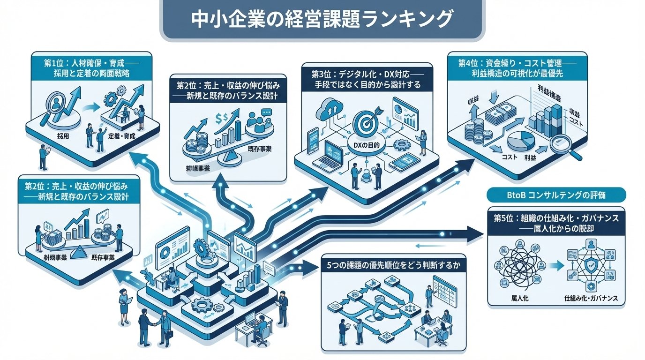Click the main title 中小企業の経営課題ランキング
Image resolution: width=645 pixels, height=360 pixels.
[322, 20]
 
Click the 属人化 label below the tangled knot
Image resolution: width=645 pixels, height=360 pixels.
[517, 298]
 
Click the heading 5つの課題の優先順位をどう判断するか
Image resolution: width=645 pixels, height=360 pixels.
[393, 264]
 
